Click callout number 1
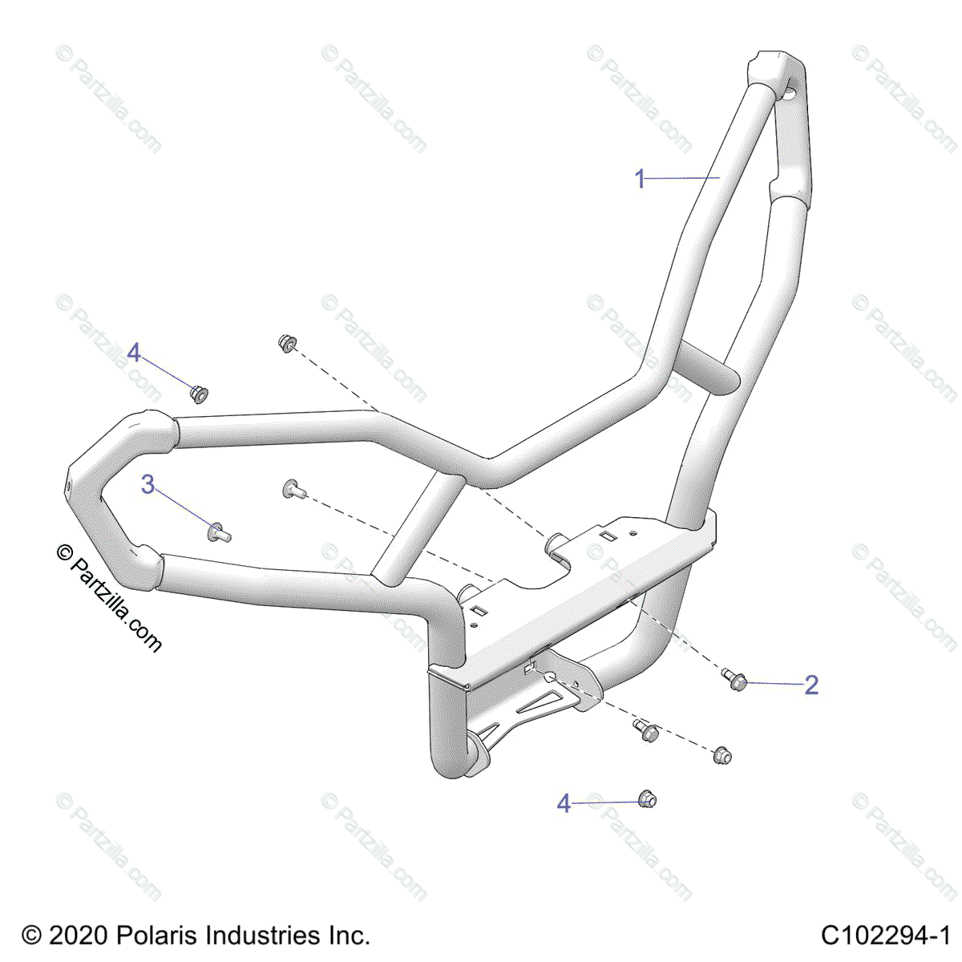click(x=640, y=179)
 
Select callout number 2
click(x=811, y=685)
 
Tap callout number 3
click(x=148, y=485)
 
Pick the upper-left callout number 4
click(x=134, y=352)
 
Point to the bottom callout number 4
click(x=564, y=803)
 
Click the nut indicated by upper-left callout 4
click(x=198, y=394)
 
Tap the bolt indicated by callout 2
click(x=736, y=680)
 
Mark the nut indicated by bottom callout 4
click(x=647, y=798)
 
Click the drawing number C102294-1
click(x=885, y=936)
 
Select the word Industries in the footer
click(x=260, y=936)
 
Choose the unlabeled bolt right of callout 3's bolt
click(x=293, y=488)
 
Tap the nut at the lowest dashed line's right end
click(x=721, y=754)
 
